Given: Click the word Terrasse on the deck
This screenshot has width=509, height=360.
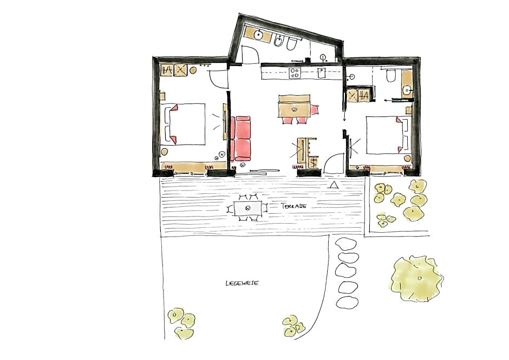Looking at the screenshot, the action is click(x=293, y=206).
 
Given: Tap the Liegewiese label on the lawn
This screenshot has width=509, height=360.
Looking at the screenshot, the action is click(x=242, y=283).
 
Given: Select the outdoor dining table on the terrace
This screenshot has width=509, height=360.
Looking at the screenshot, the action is click(x=247, y=208).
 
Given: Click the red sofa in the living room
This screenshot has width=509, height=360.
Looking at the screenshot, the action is click(x=242, y=139).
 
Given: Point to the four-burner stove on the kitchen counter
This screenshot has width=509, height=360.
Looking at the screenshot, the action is click(x=295, y=73).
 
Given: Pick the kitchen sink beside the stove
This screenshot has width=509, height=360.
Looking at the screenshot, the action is click(x=321, y=73).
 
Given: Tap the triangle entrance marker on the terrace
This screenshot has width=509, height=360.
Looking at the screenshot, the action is click(x=334, y=185).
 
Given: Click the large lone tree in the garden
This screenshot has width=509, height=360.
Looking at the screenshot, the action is click(x=416, y=278).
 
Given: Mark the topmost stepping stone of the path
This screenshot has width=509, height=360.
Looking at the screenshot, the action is click(x=347, y=244).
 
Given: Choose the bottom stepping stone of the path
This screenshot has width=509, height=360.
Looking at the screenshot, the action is click(x=347, y=302).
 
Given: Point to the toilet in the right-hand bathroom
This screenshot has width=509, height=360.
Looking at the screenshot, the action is click(x=391, y=76).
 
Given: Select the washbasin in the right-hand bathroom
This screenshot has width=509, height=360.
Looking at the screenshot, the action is click(x=407, y=90).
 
